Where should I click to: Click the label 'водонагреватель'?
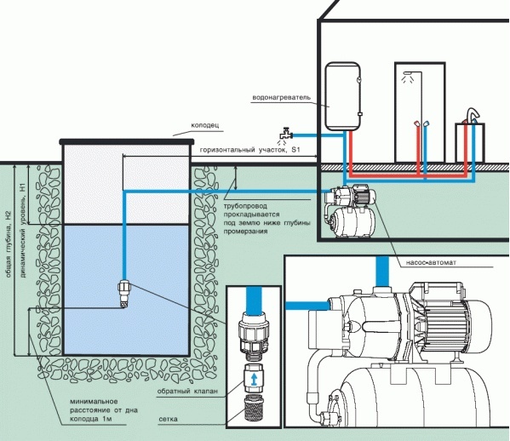click(x=281, y=97)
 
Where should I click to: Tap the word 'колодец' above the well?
click(x=205, y=125)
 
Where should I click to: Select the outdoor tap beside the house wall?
click(x=285, y=135)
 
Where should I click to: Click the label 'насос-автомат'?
click(x=431, y=262)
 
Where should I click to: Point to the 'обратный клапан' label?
click(x=187, y=391)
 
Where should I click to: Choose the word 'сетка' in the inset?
click(x=169, y=419)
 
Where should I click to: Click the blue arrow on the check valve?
click(x=254, y=379)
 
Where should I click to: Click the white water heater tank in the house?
click(x=343, y=96)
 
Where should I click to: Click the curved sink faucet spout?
click(x=473, y=114)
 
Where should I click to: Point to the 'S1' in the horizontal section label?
click(x=295, y=150)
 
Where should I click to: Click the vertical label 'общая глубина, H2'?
click(x=9, y=243)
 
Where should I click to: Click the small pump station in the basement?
click(x=350, y=211)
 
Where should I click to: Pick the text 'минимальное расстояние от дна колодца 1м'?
click(x=104, y=410)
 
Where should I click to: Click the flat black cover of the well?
click(x=127, y=141)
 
